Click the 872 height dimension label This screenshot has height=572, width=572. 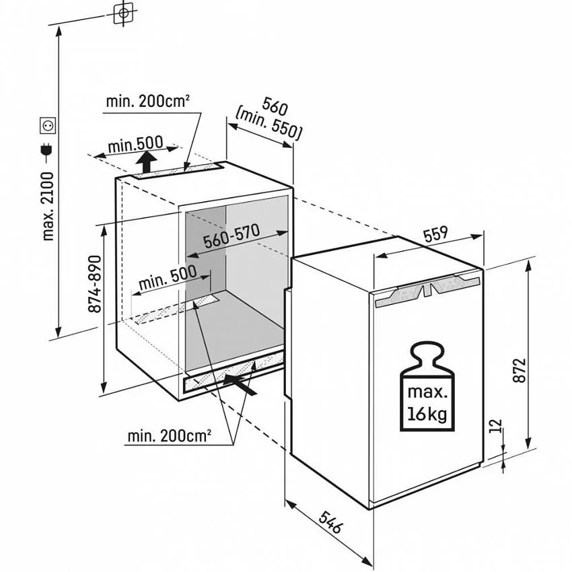tap(519, 370)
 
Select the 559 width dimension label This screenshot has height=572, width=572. tap(436, 234)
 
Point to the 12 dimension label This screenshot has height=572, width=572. tap(496, 426)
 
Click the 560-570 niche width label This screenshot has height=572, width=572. tap(231, 236)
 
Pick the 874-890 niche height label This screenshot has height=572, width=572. tap(94, 284)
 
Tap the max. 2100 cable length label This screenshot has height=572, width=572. tap(48, 207)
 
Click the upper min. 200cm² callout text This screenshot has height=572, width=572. tap(148, 101)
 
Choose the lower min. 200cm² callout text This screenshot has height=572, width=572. tap(170, 436)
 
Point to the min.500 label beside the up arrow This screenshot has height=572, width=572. tap(135, 145)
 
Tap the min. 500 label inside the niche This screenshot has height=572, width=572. tap(168, 277)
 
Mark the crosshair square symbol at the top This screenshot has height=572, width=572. tap(124, 13)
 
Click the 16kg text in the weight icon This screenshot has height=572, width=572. tap(427, 415)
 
